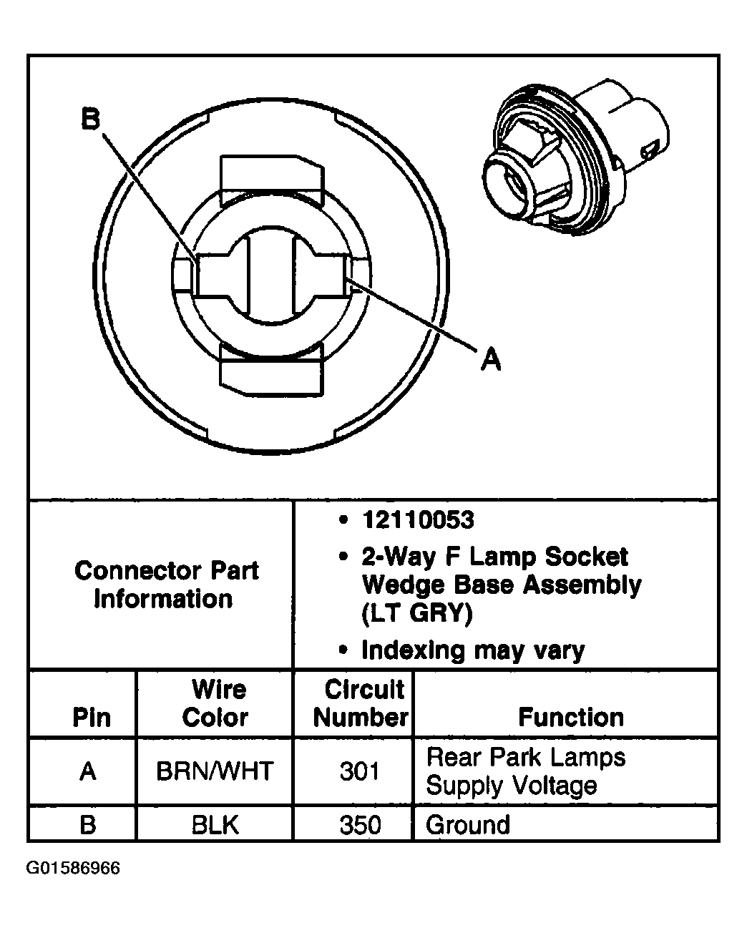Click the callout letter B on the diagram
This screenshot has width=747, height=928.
[x=90, y=119]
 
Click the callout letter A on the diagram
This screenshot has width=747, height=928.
[x=491, y=358]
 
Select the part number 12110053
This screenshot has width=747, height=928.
[x=418, y=520]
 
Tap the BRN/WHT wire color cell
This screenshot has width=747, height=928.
[x=215, y=771]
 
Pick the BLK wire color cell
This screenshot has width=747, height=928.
[x=215, y=825]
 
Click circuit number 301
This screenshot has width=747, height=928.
[x=360, y=771]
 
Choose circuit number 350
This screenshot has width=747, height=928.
[x=360, y=825]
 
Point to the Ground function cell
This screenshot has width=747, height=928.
[x=468, y=825]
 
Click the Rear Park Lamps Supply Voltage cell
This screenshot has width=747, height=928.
[x=525, y=771]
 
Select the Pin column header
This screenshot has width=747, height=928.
[x=92, y=717]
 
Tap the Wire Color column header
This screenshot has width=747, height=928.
[x=215, y=703]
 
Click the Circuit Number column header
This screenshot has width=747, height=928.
[x=361, y=703]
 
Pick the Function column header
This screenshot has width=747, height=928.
[x=570, y=717]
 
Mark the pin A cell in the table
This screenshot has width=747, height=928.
[x=88, y=771]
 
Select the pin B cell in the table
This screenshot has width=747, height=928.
[x=88, y=825]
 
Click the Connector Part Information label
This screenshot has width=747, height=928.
[x=166, y=585]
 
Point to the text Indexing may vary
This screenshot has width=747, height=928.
[x=473, y=650]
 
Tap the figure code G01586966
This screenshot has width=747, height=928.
[x=73, y=869]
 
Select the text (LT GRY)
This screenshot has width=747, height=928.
[x=417, y=614]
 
